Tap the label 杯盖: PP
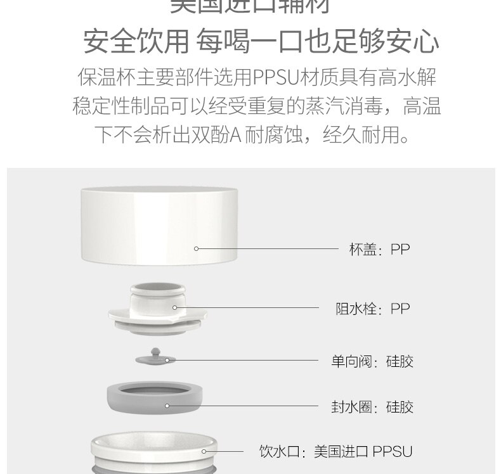tap(379, 249)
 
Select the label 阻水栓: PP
tap(372, 309)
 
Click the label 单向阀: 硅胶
tap(372, 361)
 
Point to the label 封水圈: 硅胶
tap(372, 406)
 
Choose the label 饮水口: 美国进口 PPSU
tap(335, 452)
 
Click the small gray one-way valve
tap(153, 357)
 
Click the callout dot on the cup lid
tap(197, 248)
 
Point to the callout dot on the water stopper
tap(175, 308)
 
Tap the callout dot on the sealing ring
tap(167, 406)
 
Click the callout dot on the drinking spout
tap(204, 451)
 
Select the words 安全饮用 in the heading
tap(136, 42)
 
